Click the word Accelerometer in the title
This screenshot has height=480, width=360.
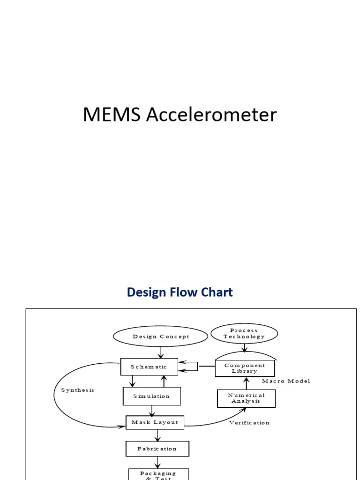211,115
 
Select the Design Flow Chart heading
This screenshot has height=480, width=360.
180,292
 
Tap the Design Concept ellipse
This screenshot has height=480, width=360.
161,337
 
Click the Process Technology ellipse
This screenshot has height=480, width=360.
244,334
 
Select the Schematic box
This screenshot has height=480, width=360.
149,367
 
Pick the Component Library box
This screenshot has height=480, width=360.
245,368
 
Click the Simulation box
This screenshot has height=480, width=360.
151,396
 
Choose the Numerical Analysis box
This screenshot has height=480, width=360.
246,398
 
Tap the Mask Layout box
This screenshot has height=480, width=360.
155,422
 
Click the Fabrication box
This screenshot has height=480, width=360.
157,449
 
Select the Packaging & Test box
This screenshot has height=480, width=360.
158,474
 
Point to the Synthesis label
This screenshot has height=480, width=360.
78,390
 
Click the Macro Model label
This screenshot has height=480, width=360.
286,381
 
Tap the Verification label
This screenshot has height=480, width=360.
249,423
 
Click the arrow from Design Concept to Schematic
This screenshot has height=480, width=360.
161,352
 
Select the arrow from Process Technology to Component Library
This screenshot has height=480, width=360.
244,348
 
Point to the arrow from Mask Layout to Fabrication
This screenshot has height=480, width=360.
157,435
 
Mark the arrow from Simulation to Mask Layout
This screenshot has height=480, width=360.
151,411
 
